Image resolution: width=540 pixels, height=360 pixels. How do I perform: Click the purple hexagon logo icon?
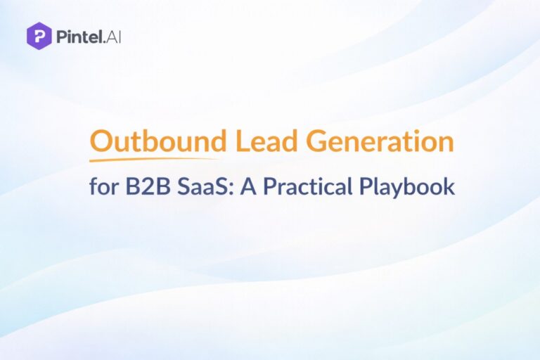39,34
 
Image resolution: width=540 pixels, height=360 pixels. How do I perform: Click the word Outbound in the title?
158,142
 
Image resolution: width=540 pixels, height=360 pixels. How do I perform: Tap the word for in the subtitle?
103,186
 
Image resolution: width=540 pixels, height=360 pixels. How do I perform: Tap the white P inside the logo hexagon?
39,35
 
